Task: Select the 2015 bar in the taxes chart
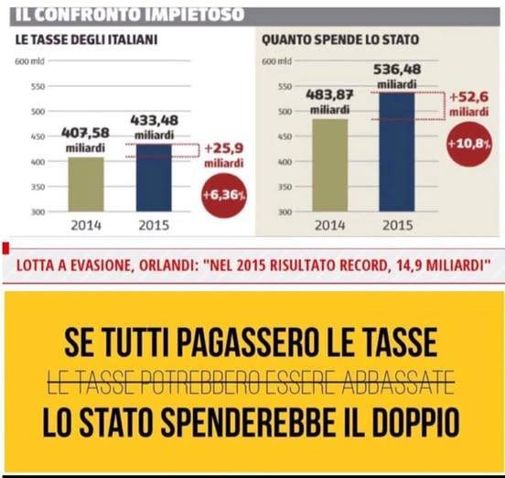153,178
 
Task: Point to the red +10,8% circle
467,144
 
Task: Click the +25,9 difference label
223,147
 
